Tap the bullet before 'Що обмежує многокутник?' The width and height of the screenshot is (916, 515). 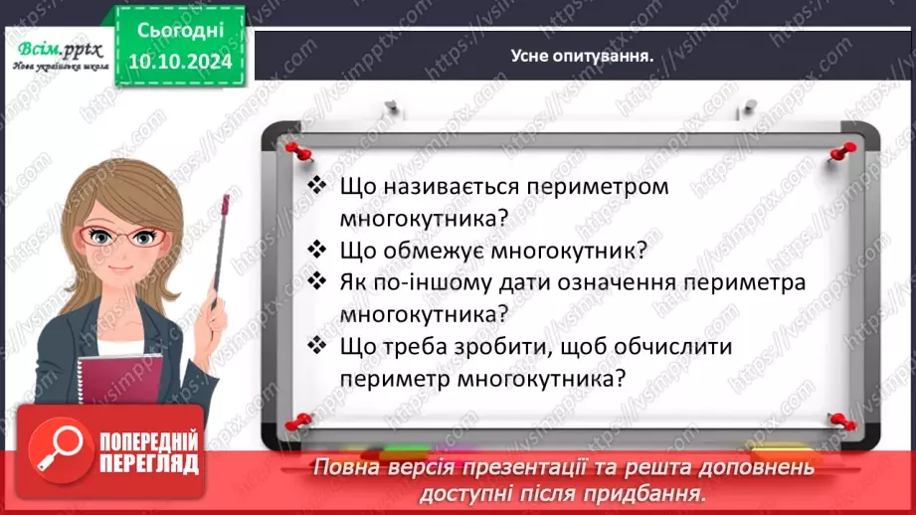pyautogui.click(x=317, y=249)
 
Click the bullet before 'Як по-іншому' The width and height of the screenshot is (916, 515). pyautogui.click(x=317, y=281)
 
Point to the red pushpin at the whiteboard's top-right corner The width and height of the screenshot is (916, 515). pyautogui.click(x=844, y=150)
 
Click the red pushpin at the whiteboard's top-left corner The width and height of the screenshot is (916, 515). pyautogui.click(x=295, y=149)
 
